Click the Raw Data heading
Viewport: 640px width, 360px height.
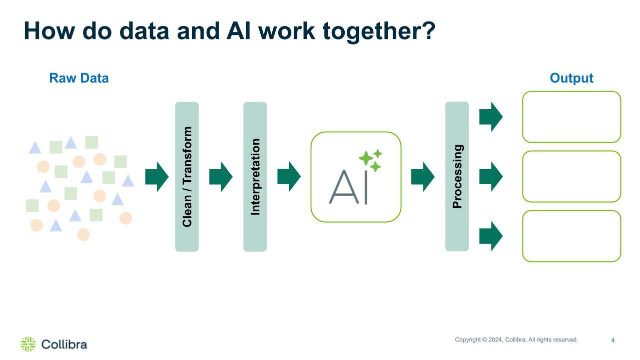click(79, 79)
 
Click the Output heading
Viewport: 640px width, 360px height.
click(571, 79)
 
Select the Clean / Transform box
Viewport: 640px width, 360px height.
click(187, 176)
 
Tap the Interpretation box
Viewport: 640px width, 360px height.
click(255, 176)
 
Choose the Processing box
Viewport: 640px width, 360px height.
click(457, 176)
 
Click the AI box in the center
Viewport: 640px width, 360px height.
click(356, 177)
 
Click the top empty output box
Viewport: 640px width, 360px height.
click(571, 117)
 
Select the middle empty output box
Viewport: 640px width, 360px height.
click(571, 176)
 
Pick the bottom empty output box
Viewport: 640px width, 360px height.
click(571, 236)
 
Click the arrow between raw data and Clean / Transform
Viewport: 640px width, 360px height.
click(157, 177)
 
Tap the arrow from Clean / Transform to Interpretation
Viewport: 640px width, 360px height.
click(221, 177)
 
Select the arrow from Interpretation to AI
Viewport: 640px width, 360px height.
click(289, 177)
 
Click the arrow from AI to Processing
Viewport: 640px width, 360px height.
click(423, 177)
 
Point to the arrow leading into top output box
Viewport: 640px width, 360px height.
click(491, 117)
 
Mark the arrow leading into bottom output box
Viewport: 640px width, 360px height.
click(491, 236)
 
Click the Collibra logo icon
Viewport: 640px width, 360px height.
click(28, 344)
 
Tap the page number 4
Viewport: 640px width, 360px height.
click(612, 340)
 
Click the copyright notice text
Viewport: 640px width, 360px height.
click(516, 340)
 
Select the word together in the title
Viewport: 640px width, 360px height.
click(379, 31)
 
